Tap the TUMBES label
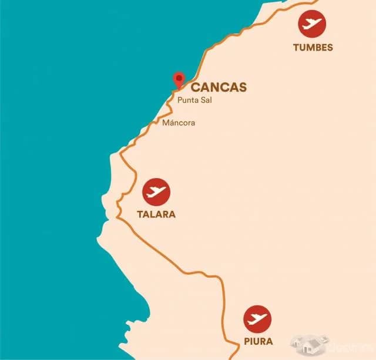tap(313, 48)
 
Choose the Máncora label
tap(179, 123)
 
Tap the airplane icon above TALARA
tap(156, 191)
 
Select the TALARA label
tap(156, 214)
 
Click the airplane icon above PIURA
tap(258, 319)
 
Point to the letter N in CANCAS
tap(214, 88)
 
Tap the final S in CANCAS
tap(242, 88)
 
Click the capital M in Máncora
tap(166, 123)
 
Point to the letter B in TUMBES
tap(319, 48)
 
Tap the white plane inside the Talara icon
tap(156, 191)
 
